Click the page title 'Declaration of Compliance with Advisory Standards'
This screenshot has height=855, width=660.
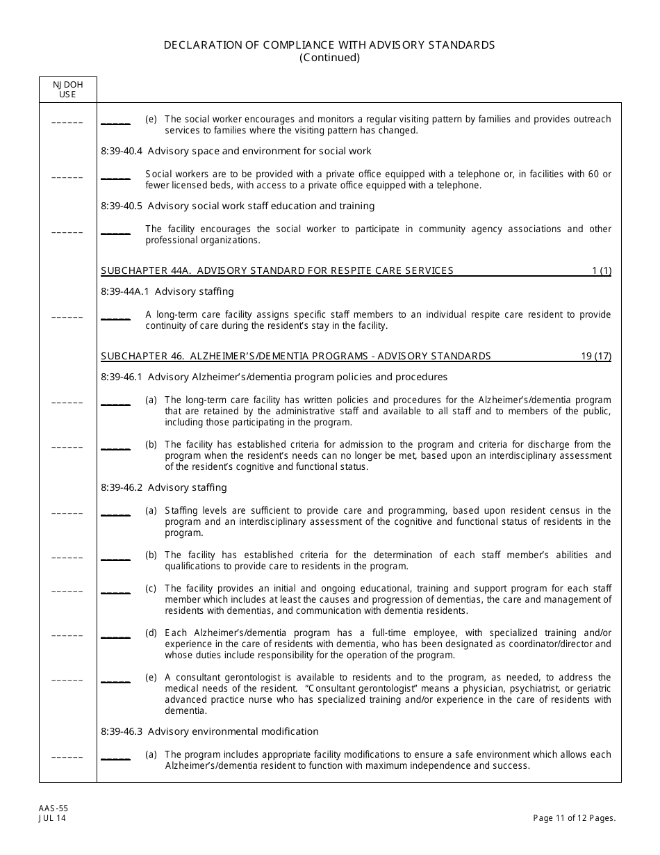[x=329, y=44]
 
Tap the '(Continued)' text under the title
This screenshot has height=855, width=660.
[x=329, y=58]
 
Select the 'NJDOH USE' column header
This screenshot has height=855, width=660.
[x=67, y=89]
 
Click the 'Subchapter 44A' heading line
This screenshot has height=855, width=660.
[x=277, y=270]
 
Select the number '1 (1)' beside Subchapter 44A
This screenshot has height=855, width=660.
[x=601, y=270]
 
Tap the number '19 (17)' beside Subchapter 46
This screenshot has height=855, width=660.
[x=596, y=356]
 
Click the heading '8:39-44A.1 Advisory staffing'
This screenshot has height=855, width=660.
[x=167, y=291]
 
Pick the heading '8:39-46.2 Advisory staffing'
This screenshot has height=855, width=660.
[x=164, y=487]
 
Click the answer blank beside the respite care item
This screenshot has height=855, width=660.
[x=115, y=316]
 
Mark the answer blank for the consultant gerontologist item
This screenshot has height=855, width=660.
[x=115, y=679]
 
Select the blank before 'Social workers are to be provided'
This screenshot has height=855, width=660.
[x=115, y=176]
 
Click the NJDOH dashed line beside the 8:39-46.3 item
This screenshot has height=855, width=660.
[x=67, y=757]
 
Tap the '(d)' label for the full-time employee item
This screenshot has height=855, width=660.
[x=151, y=633]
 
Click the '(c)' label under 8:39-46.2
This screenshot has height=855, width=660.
[x=151, y=588]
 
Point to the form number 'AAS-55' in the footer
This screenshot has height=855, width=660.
[x=53, y=808]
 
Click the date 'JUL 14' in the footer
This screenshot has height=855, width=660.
[x=53, y=818]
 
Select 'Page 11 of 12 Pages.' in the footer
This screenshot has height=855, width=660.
[x=575, y=818]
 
